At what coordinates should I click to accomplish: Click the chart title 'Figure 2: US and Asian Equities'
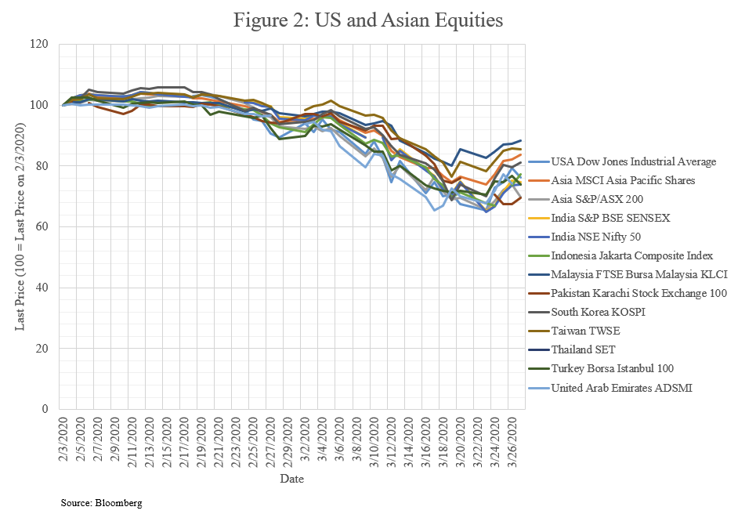pos(368,21)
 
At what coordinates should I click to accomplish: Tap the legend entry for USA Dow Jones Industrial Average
pos(633,161)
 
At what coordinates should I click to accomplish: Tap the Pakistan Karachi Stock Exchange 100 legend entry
pos(639,294)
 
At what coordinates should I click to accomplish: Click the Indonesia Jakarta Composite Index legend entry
pos(631,255)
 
